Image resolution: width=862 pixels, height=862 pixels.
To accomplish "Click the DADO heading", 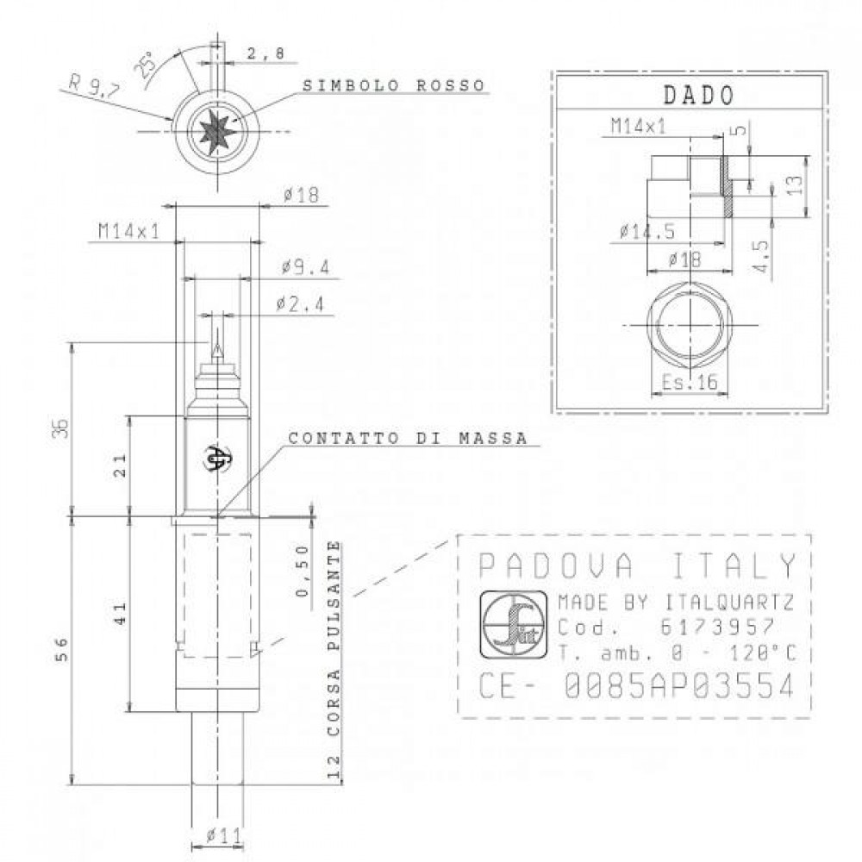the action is pos(698,95).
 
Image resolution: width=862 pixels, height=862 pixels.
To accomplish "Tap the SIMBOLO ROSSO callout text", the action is pos(394,85).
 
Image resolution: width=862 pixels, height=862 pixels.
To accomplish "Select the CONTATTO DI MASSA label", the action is pos(408,438).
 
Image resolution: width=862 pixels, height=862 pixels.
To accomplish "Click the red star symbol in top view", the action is pos(217,131).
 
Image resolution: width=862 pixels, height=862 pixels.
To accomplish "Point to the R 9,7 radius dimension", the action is pos(93,87).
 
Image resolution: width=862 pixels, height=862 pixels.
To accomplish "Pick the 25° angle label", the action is pos(144,66).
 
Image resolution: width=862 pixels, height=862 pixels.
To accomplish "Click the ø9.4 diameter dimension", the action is pos(306,267).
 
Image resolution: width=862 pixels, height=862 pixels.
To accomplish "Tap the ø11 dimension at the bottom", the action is pos(224,836).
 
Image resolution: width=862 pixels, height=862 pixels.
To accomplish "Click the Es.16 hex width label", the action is pos(690,382).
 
